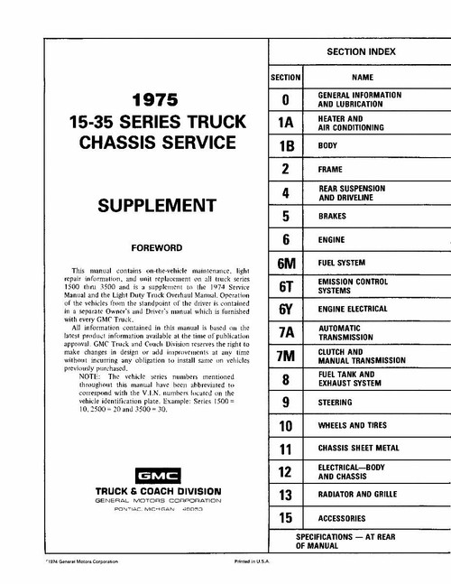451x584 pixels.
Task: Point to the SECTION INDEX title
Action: click(359, 53)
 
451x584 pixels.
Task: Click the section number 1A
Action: click(285, 123)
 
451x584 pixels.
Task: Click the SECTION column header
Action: click(285, 79)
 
